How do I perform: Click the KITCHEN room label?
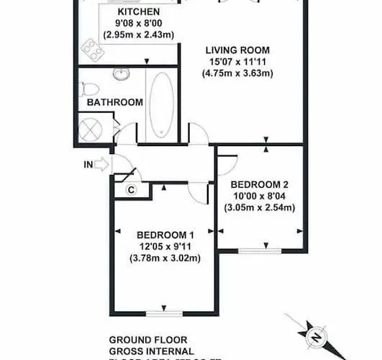pyautogui.click(x=138, y=12)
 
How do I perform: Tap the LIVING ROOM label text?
pyautogui.click(x=237, y=50)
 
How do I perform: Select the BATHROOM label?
pyautogui.click(x=115, y=102)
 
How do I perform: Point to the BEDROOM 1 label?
pyautogui.click(x=165, y=235)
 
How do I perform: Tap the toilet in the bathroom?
pyautogui.click(x=88, y=88)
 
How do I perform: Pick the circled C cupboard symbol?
pyautogui.click(x=132, y=190)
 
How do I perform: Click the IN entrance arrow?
pyautogui.click(x=101, y=164)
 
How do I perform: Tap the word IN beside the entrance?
pyautogui.click(x=88, y=164)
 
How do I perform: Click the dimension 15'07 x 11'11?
pyautogui.click(x=237, y=62)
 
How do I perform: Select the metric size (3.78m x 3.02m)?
pyautogui.click(x=165, y=258)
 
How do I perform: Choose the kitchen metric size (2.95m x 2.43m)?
pyautogui.click(x=138, y=35)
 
